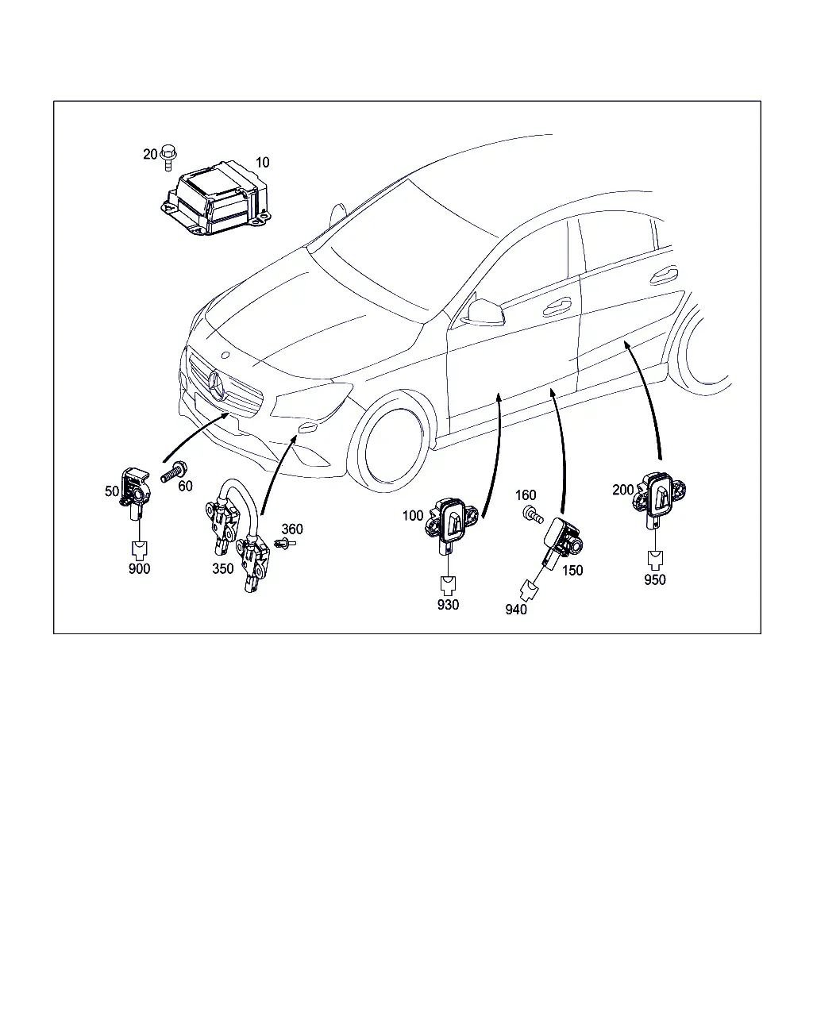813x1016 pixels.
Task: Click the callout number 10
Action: coord(262,163)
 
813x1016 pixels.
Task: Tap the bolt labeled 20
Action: coord(168,157)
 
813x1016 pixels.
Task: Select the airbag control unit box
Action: coord(216,198)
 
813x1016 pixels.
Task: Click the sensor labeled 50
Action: coord(136,493)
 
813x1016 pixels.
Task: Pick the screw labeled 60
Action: coord(175,471)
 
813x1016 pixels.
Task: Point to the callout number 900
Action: coord(140,568)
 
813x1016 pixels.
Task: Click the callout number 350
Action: coord(223,568)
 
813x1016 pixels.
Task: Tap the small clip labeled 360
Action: coord(284,544)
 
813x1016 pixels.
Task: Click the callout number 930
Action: coord(448,604)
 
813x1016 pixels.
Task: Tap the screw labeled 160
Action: coord(533,514)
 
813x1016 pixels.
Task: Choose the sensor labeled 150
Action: coord(562,541)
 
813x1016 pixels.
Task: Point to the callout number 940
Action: coord(516,610)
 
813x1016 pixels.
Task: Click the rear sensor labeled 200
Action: coord(659,498)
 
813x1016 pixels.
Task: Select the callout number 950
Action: coord(655,579)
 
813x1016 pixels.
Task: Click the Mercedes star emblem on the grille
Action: coord(218,386)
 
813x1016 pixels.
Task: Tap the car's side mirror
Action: coord(485,313)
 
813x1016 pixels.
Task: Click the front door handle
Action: coord(557,307)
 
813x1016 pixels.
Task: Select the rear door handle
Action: coord(664,276)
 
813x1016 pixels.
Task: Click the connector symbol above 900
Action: coord(140,549)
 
